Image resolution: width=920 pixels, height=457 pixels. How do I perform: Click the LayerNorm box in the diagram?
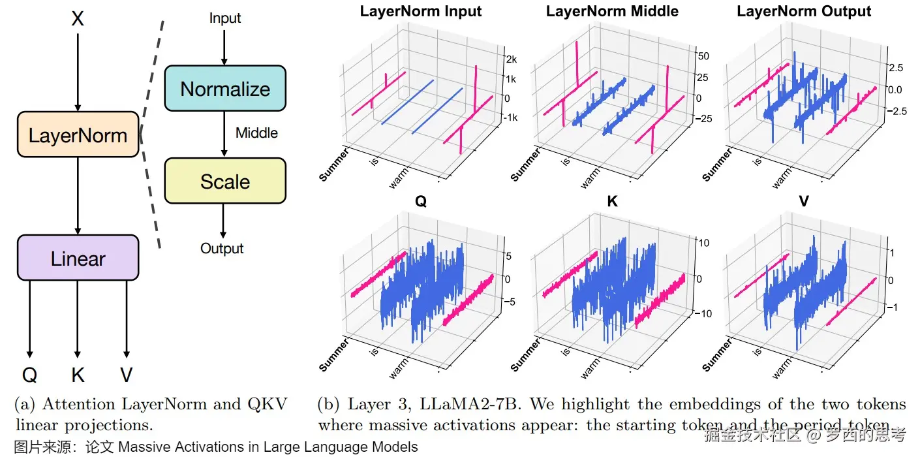click(x=78, y=134)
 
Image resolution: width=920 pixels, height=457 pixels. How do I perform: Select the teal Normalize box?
click(x=225, y=88)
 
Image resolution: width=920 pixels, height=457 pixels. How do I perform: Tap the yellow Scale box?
click(x=225, y=181)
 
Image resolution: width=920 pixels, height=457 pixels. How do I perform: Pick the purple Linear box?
click(x=78, y=258)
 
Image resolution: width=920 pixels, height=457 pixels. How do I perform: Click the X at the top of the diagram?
click(x=78, y=19)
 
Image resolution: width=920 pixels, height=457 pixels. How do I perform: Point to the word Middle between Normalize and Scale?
click(x=256, y=133)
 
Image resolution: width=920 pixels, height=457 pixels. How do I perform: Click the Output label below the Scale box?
click(x=222, y=249)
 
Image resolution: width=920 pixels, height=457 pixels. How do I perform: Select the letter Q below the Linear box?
click(x=29, y=375)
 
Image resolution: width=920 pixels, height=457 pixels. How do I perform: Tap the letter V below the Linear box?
click(x=127, y=375)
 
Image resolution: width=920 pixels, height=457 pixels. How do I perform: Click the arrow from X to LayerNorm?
click(x=78, y=72)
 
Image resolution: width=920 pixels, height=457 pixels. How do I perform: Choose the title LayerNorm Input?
click(x=421, y=11)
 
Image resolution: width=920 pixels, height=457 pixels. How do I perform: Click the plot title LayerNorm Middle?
click(x=612, y=11)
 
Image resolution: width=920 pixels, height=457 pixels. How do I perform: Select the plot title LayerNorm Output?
click(x=804, y=11)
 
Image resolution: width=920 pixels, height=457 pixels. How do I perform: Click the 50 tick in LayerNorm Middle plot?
click(x=703, y=57)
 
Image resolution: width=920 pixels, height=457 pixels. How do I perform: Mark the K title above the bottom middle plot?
click(x=612, y=202)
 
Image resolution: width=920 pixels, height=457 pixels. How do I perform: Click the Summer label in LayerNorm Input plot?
click(x=333, y=165)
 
